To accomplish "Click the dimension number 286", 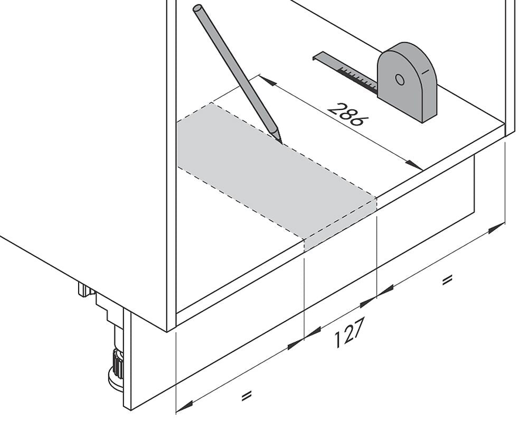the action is tap(348, 114).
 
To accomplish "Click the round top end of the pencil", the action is tap(197, 8).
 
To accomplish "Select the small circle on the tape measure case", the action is tap(400, 80).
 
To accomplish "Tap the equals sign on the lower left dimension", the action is tap(247, 396).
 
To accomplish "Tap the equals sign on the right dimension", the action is tap(447, 280).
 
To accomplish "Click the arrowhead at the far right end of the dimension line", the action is tap(497, 227).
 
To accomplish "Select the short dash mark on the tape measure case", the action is tap(425, 71).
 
